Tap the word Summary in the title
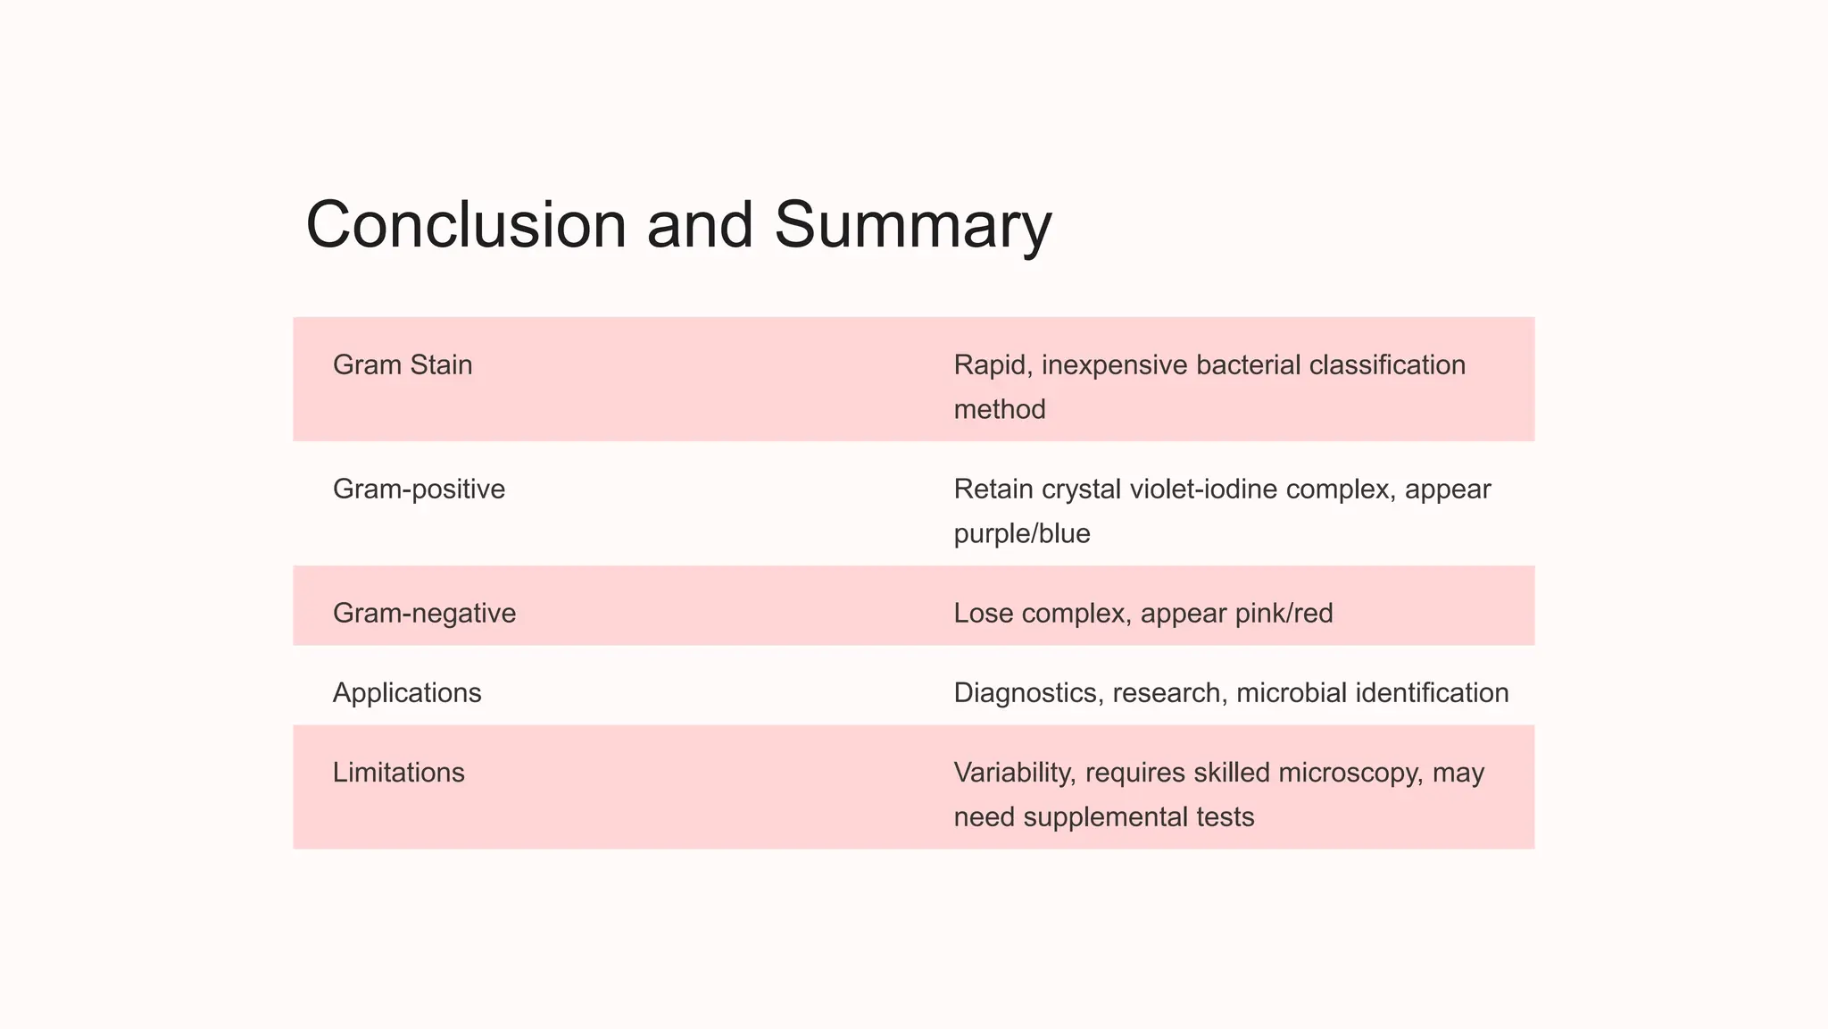click(x=912, y=225)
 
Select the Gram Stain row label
click(x=403, y=365)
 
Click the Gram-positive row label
click(x=419, y=489)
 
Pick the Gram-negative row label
click(x=424, y=614)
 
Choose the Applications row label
click(x=407, y=693)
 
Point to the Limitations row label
click(x=398, y=773)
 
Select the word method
click(x=1000, y=410)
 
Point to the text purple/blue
click(x=1022, y=534)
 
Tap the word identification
click(x=1432, y=693)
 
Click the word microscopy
click(x=1350, y=773)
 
